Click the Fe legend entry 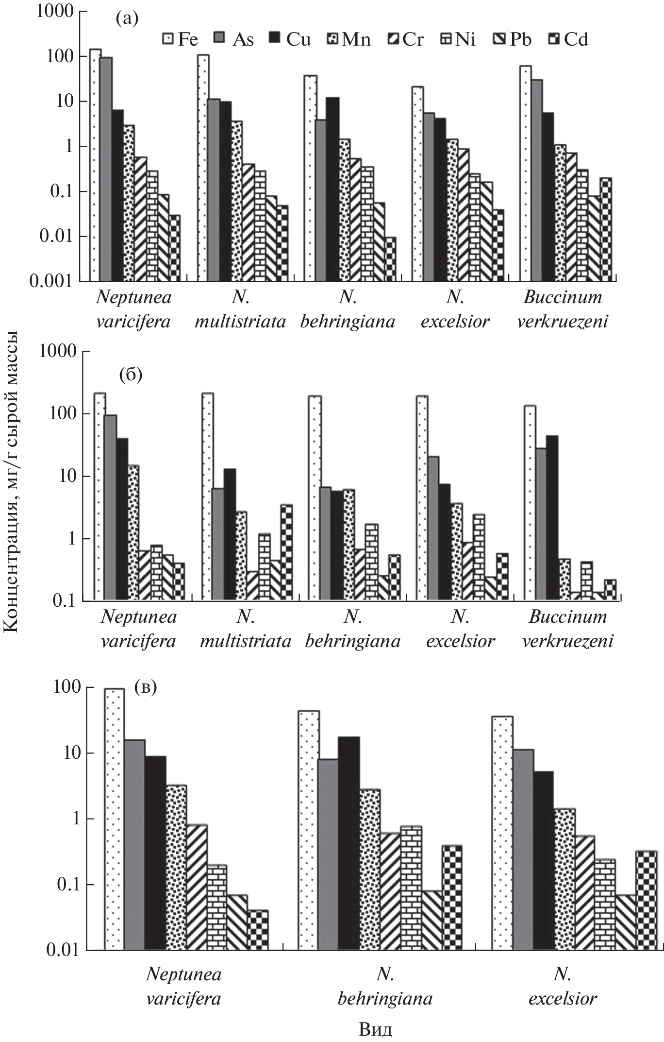pos(180,39)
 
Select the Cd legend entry pos(568,39)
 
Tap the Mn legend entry pos(349,39)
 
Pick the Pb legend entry pos(513,39)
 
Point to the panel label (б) pos(131,376)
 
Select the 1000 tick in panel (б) pos(57,351)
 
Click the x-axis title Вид pos(376,1029)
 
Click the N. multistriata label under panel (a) pos(240,309)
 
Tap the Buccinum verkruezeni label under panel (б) pos(567,629)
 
